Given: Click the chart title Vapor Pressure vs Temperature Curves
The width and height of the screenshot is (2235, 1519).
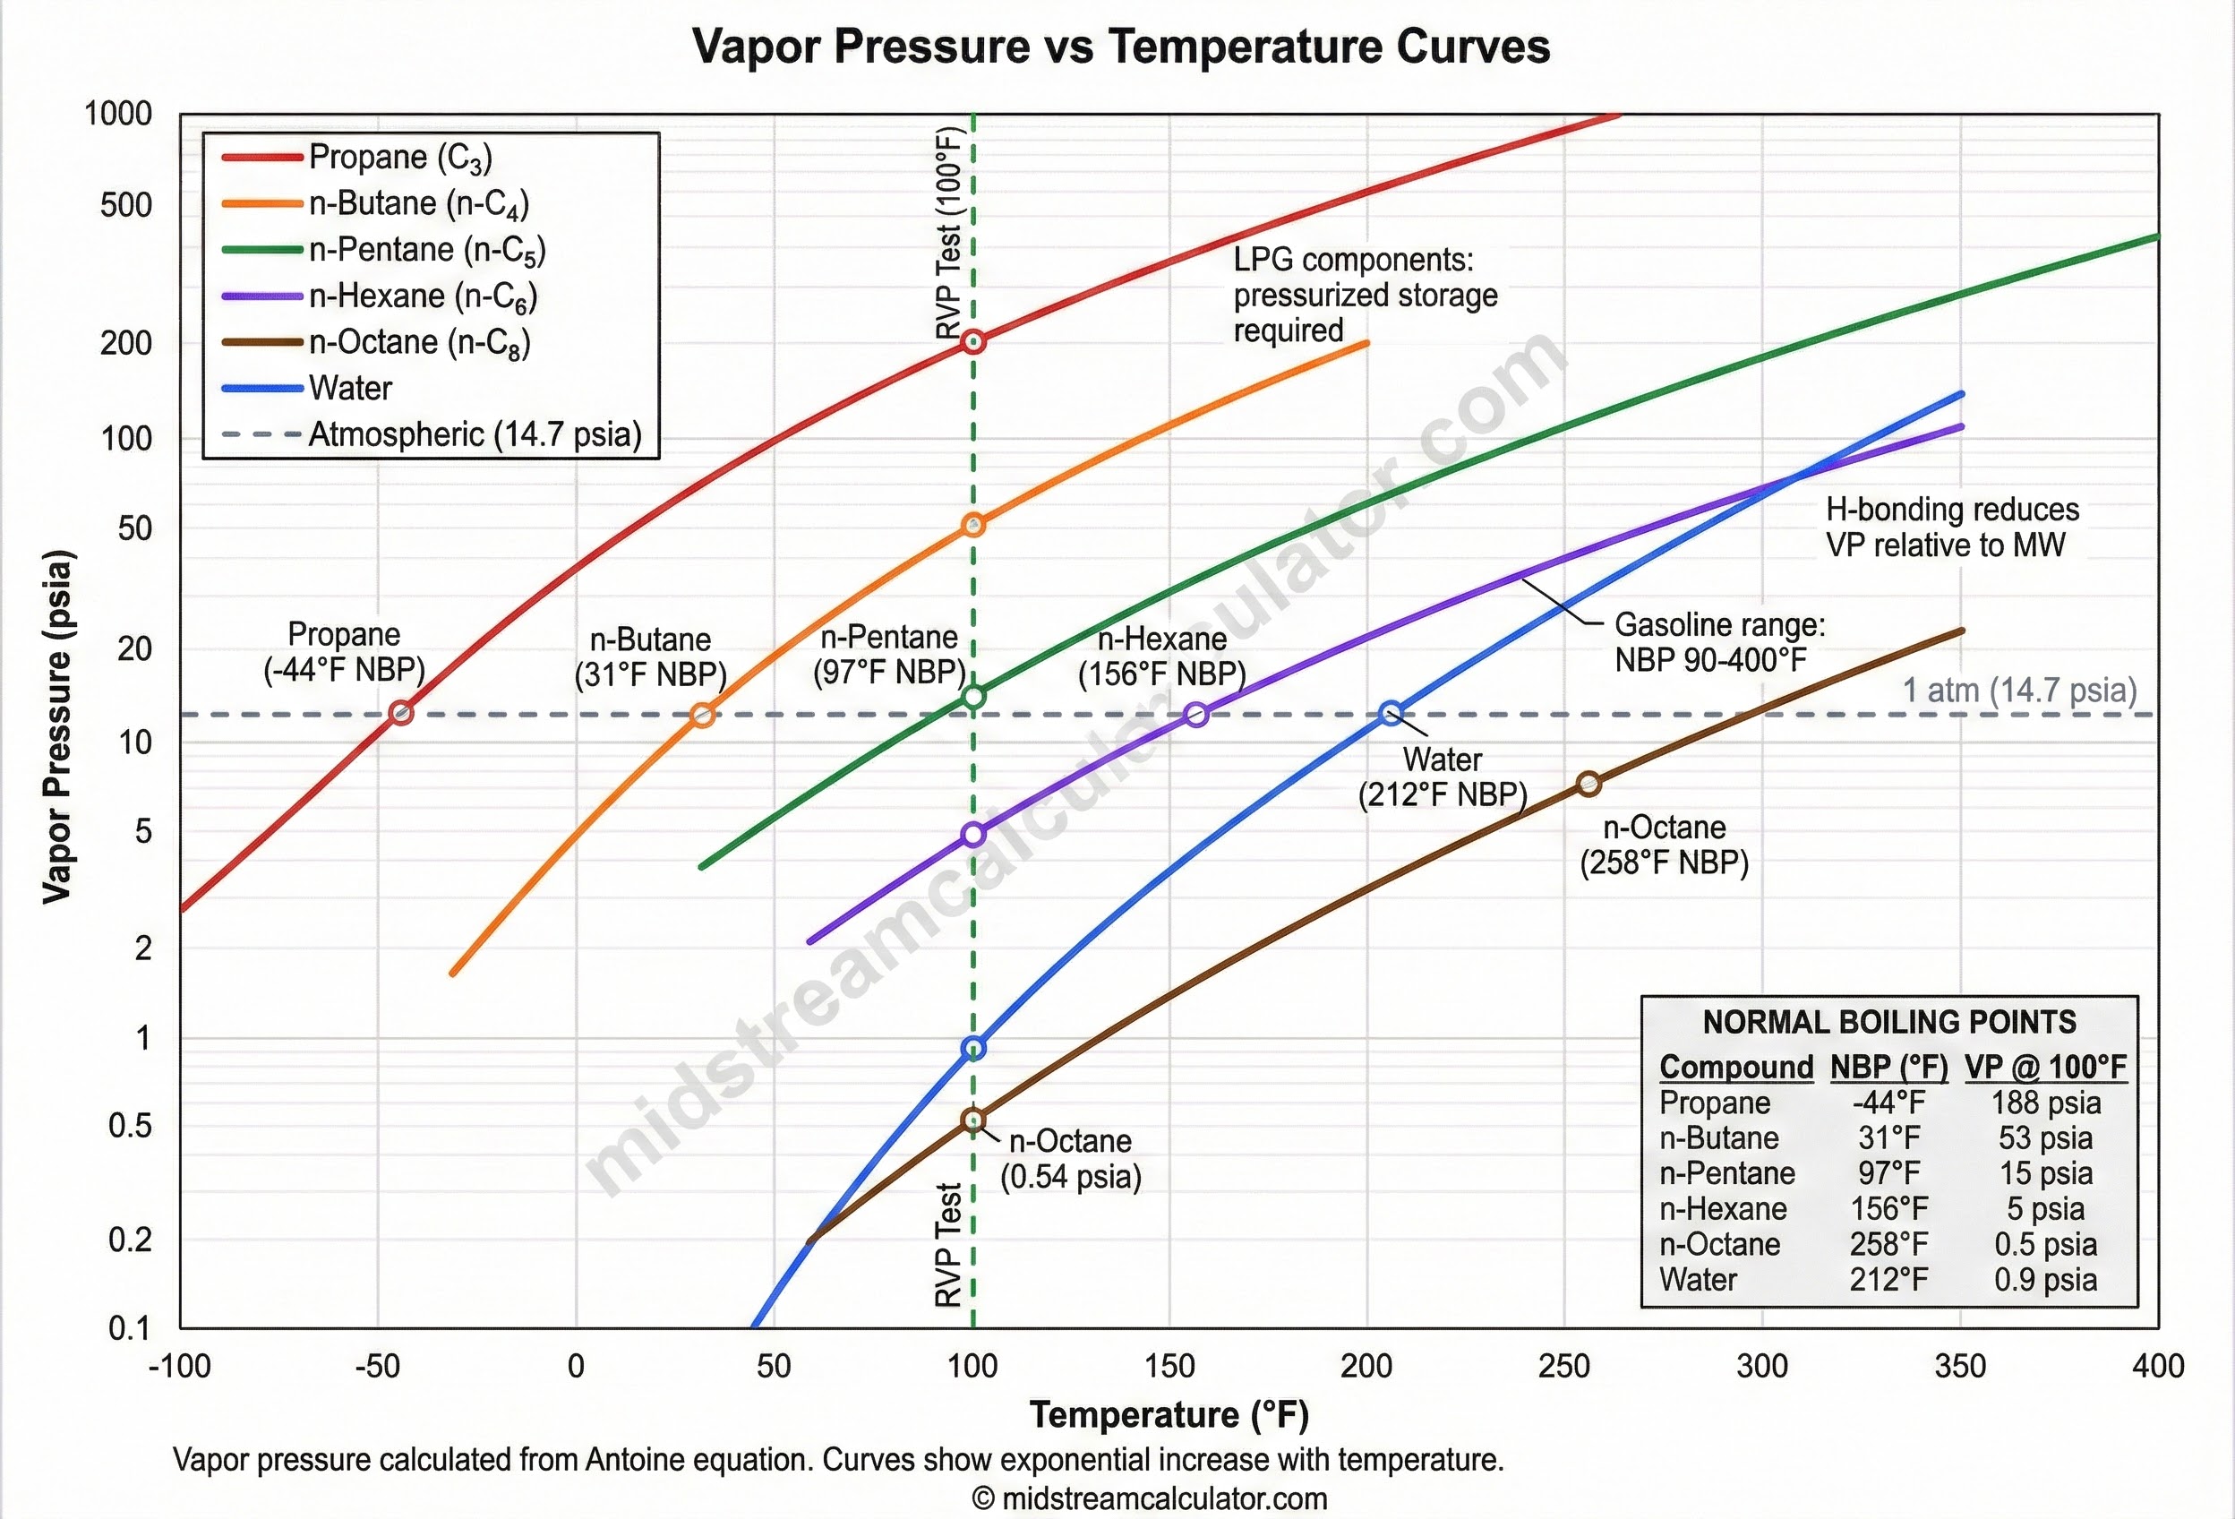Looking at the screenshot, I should pos(1120,47).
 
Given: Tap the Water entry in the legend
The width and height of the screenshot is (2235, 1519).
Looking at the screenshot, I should pos(350,388).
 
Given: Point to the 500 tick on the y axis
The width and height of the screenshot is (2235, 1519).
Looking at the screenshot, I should pos(126,205).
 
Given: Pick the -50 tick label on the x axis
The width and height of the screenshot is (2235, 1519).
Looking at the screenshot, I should pos(377,1366).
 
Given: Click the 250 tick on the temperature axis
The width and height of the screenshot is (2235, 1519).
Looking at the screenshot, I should pos(1563,1366).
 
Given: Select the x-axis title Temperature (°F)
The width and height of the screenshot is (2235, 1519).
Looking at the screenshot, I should pos(1169,1414).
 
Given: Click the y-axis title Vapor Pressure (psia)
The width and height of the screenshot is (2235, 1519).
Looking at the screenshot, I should pos(56,726).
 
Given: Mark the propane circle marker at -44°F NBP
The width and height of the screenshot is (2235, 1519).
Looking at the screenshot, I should pos(401,714).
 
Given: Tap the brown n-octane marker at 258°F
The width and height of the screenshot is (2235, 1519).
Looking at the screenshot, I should pos(1588,784).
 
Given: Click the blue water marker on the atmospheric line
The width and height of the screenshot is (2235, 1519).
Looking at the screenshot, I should pos(1391,714).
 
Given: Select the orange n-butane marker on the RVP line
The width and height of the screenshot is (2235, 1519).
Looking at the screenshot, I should pos(973,525).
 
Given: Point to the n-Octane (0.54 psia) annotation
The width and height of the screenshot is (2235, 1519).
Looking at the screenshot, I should pos(1070,1158).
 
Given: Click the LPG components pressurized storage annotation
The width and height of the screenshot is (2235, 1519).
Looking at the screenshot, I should pos(1364,295).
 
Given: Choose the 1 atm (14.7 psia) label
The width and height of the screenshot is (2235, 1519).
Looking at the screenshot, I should pos(2019,690).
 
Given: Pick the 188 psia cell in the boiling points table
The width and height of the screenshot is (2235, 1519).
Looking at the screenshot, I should pos(2045,1103).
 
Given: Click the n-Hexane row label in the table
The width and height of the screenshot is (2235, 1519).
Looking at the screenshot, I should pos(1723,1208).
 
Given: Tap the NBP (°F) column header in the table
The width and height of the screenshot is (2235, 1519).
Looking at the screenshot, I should pos(1888,1067).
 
